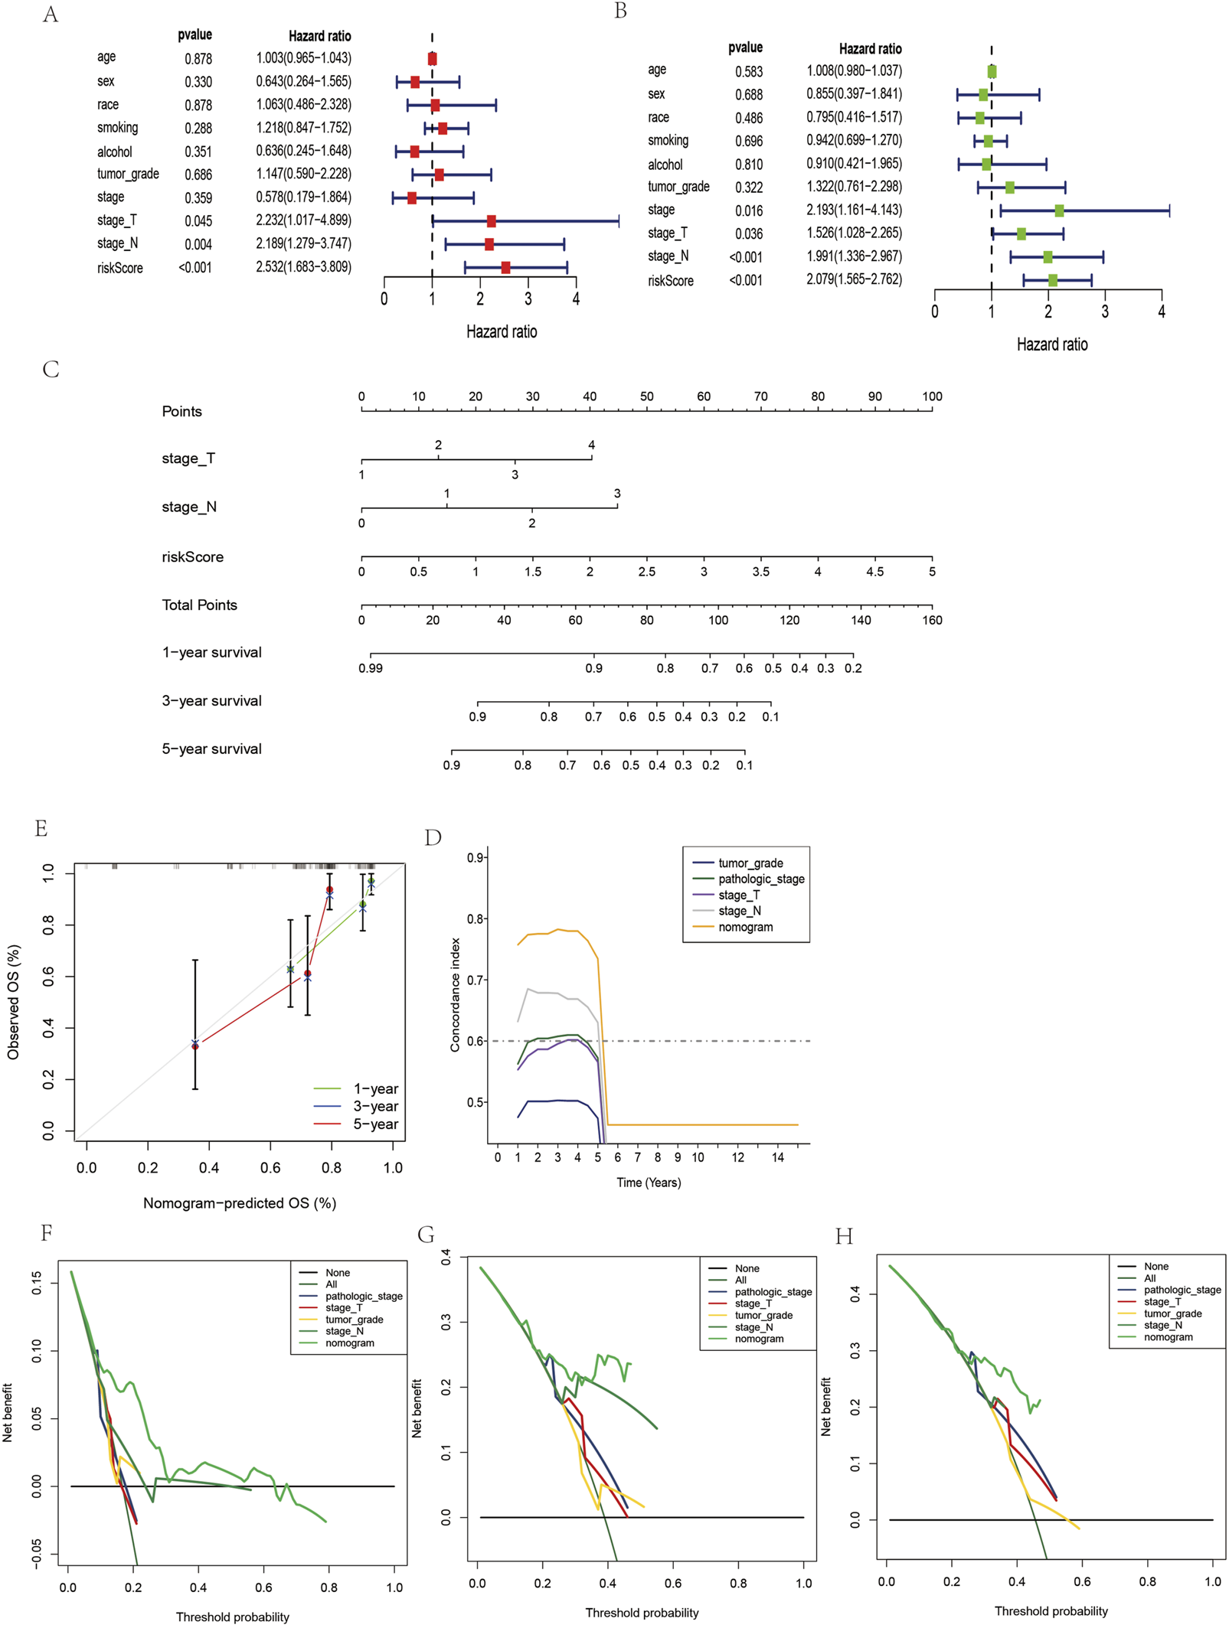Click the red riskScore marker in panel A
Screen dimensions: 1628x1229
point(505,267)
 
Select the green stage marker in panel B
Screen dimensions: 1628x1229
point(1059,210)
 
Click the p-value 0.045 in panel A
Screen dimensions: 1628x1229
point(198,221)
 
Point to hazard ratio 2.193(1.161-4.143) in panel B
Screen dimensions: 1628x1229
point(854,210)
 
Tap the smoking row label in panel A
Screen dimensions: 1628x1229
point(117,128)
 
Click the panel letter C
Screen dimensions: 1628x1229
point(51,370)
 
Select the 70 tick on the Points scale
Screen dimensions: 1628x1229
point(760,397)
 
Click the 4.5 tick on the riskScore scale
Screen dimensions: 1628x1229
point(874,572)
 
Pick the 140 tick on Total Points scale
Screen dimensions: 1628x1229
point(861,620)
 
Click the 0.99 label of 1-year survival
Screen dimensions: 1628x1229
point(371,668)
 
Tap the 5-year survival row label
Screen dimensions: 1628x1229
point(211,749)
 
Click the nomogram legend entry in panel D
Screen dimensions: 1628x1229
point(745,927)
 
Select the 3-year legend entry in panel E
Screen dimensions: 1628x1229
point(375,1106)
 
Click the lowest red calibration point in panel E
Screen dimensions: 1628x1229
point(195,1046)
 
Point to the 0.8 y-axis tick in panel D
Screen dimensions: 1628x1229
point(476,918)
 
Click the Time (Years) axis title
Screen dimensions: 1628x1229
point(649,1183)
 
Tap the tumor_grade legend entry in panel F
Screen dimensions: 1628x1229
point(354,1320)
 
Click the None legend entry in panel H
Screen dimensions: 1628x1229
point(1156,1267)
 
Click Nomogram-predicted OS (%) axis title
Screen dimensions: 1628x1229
point(240,1203)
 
